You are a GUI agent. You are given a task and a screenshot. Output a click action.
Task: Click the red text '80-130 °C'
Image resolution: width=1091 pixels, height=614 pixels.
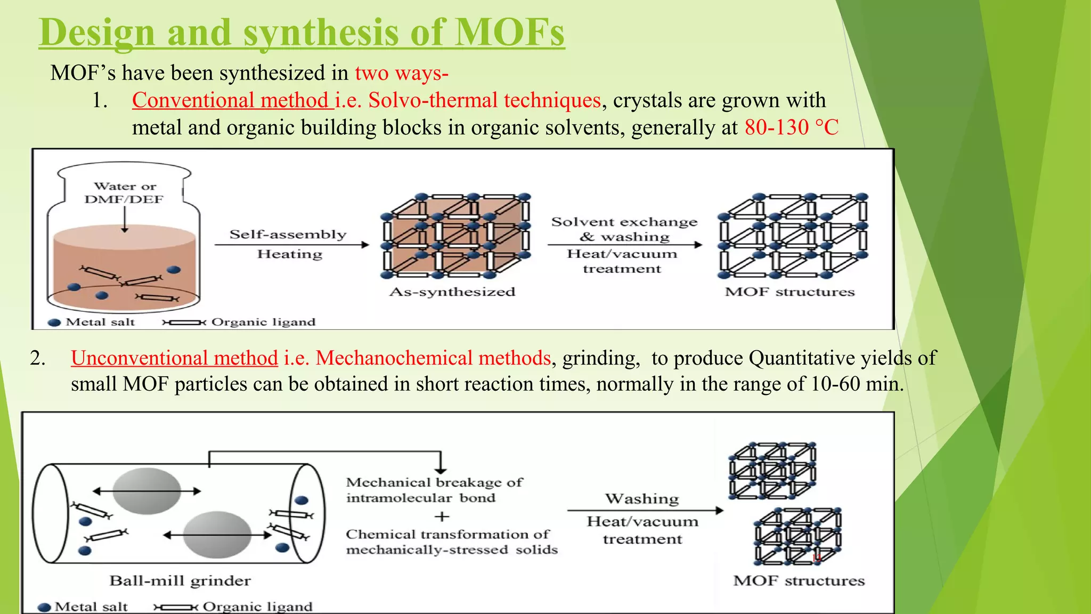click(791, 128)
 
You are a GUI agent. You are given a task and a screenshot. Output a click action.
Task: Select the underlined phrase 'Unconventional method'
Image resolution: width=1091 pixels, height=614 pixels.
click(174, 358)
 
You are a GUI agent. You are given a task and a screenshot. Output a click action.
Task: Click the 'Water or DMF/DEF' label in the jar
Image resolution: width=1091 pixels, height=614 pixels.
click(124, 193)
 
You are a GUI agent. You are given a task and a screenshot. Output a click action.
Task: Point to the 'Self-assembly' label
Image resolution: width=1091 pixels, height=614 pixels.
click(288, 235)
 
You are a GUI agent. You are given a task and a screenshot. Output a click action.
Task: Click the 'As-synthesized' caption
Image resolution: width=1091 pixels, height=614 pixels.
click(452, 292)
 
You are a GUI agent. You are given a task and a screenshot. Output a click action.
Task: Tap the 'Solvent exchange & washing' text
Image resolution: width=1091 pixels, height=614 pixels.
click(624, 229)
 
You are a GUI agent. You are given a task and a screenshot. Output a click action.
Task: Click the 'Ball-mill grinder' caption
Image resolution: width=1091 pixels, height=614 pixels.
click(180, 580)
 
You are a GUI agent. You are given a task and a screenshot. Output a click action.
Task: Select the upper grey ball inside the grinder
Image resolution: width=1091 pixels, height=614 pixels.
click(146, 491)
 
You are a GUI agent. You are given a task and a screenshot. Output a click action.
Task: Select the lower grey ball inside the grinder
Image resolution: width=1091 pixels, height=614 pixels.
click(217, 535)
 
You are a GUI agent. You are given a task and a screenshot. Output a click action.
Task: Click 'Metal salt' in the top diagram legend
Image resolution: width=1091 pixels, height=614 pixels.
click(100, 322)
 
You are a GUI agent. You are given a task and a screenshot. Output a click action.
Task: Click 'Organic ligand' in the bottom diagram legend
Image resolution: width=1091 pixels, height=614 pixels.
click(257, 607)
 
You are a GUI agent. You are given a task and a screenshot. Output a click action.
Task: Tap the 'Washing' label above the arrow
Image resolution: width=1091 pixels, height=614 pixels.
click(642, 499)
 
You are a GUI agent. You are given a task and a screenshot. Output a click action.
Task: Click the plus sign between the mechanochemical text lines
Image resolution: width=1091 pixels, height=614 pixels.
click(442, 516)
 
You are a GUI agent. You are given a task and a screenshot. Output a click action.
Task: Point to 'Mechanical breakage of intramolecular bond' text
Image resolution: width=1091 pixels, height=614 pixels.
click(434, 490)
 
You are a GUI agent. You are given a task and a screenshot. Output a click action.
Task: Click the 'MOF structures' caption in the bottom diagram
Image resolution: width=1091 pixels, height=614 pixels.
click(799, 580)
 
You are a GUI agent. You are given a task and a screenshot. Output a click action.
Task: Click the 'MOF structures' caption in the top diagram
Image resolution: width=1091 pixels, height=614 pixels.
click(789, 292)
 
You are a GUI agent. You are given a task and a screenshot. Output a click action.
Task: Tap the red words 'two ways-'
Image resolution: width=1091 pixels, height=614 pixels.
click(402, 73)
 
